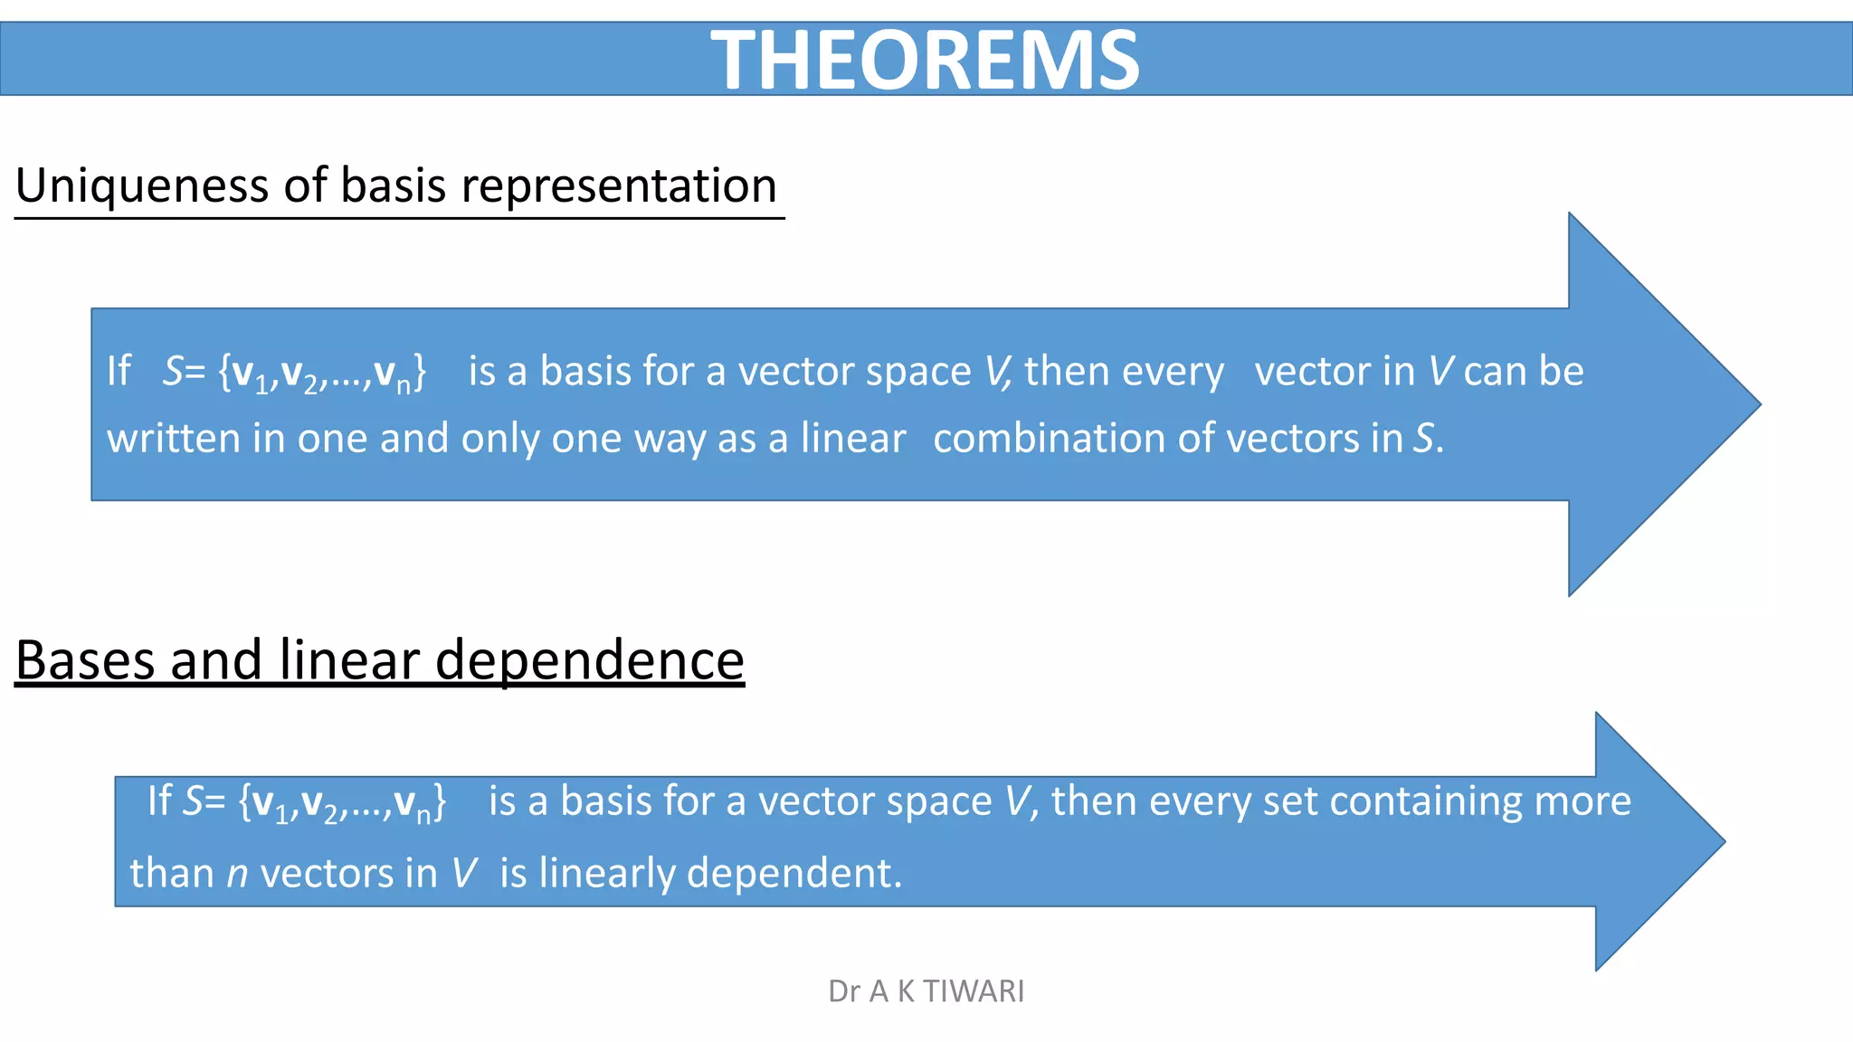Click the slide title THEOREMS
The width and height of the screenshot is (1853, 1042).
click(x=925, y=60)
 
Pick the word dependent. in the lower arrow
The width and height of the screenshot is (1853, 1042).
click(x=794, y=874)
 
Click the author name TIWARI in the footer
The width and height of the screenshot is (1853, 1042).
click(x=974, y=991)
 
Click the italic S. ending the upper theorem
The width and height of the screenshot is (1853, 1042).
click(x=1428, y=439)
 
